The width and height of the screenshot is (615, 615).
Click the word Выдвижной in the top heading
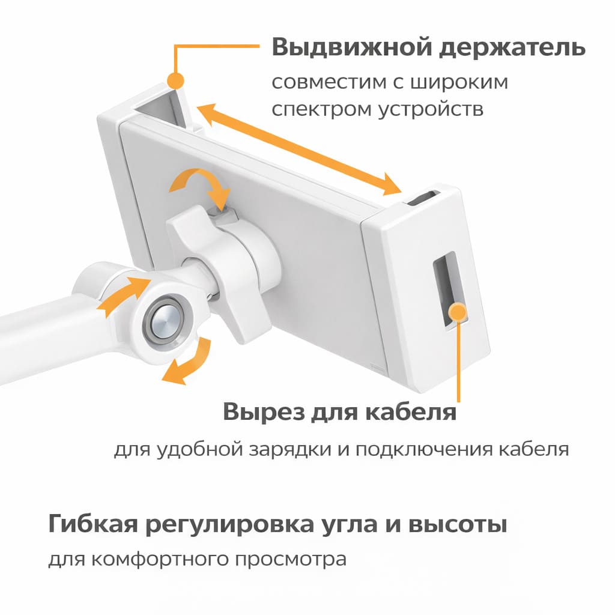point(351,47)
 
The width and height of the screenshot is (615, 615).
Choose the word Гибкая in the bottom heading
point(93,524)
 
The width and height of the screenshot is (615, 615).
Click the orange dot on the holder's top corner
point(175,81)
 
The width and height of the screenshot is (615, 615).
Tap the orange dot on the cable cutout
point(458,312)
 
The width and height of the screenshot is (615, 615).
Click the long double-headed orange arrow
point(299,149)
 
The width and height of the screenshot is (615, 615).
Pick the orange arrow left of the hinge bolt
point(121,293)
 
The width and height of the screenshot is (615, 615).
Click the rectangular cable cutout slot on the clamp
point(450,292)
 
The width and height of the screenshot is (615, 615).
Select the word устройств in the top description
point(431,109)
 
